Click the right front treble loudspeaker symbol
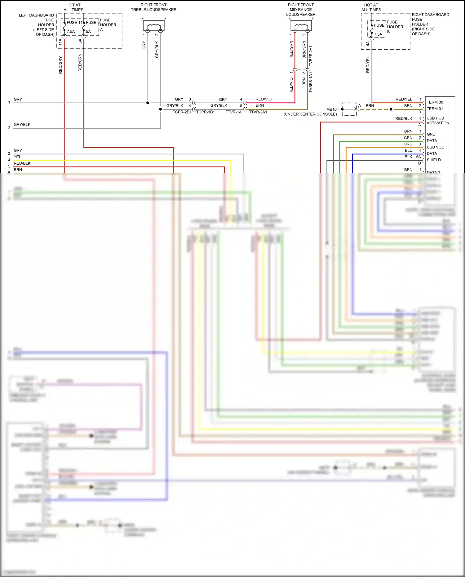[154, 24]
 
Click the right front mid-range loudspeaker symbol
[301, 24]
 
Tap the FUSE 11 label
[74, 23]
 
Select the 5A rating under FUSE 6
[88, 32]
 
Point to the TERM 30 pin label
[435, 102]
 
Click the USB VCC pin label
[435, 147]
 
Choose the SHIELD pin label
[433, 160]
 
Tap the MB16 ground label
[331, 109]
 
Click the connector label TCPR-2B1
[182, 112]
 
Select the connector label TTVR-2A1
[258, 112]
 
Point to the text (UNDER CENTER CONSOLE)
[310, 114]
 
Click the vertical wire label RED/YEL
[368, 64]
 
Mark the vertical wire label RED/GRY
[60, 65]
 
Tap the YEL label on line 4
[17, 157]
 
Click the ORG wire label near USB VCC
[408, 144]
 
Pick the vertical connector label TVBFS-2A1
[311, 56]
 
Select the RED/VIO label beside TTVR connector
[263, 99]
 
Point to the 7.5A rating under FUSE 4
[378, 34]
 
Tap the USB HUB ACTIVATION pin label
[438, 121]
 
